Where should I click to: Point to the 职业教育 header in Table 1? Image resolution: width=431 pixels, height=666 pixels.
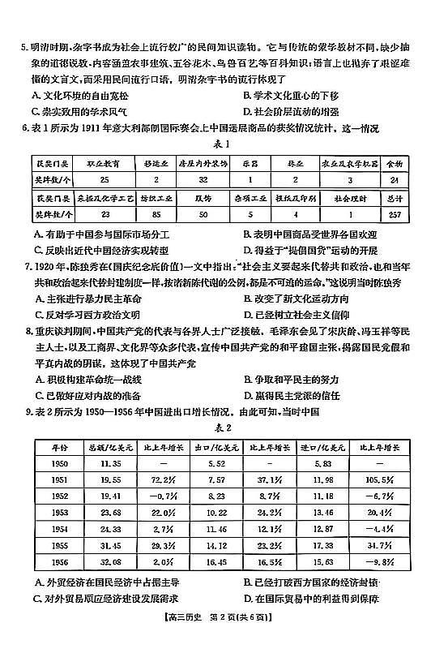coord(104,163)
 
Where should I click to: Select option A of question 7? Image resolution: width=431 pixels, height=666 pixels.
coord(89,299)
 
